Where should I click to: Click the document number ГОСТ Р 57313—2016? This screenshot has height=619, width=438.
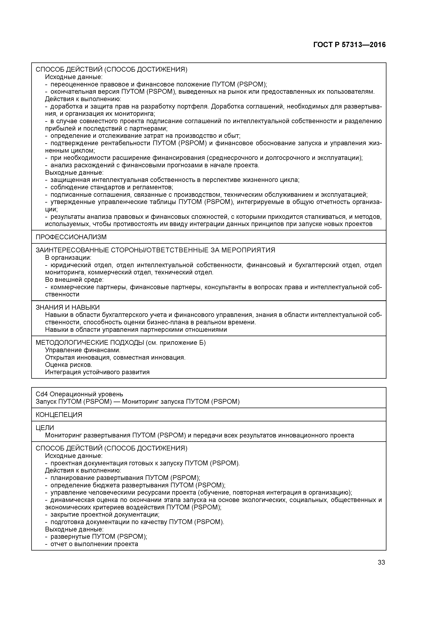[x=350, y=45]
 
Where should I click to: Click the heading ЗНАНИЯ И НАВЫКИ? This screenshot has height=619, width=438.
[x=68, y=307]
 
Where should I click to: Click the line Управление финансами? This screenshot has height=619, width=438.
[x=83, y=350]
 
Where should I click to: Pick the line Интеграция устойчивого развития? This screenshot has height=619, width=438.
[x=97, y=372]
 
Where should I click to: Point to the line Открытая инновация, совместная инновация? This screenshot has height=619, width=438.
[x=115, y=357]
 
